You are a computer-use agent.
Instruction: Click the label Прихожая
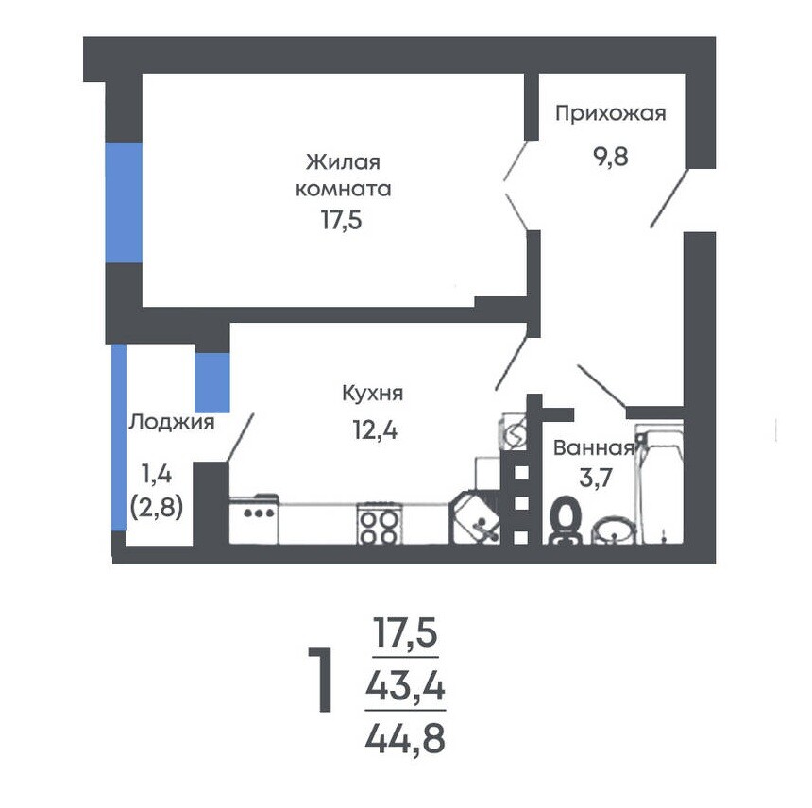[x=611, y=113]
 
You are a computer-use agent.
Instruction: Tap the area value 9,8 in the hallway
[x=611, y=156]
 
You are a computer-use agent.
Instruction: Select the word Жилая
[x=343, y=162]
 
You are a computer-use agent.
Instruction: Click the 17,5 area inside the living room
[x=341, y=220]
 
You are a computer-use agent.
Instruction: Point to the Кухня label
[x=372, y=394]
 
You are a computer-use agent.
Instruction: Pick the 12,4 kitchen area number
[x=375, y=429]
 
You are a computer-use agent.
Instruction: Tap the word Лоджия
[x=172, y=423]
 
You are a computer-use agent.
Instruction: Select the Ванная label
[x=594, y=447]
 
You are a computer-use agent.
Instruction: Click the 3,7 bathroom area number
[x=596, y=477]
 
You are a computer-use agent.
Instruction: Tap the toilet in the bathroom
[x=565, y=520]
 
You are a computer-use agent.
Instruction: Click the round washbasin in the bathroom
[x=614, y=530]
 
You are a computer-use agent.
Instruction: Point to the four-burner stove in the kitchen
[x=379, y=524]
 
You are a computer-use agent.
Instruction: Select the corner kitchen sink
[x=474, y=518]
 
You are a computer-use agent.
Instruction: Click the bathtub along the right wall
[x=659, y=482]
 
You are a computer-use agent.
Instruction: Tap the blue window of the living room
[x=124, y=202]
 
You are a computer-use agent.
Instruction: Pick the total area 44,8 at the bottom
[x=405, y=739]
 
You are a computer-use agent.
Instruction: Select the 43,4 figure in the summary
[x=405, y=687]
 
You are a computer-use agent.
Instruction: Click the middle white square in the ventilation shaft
[x=521, y=503]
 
